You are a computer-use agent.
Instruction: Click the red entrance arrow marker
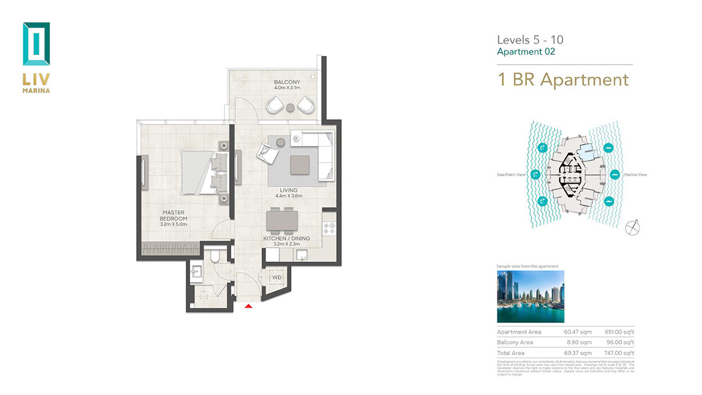click(x=248, y=305)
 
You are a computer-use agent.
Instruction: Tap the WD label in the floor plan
click(x=277, y=277)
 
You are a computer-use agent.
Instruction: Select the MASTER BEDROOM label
click(x=175, y=215)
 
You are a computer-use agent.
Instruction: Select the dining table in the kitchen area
click(x=283, y=221)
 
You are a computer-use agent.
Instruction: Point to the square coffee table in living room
click(x=301, y=163)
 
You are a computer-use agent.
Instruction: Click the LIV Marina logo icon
click(x=36, y=44)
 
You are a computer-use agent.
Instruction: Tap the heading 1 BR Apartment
click(x=563, y=80)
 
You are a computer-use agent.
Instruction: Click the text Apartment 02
click(x=525, y=51)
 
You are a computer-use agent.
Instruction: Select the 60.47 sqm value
click(x=577, y=332)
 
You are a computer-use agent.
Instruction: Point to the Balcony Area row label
click(x=515, y=342)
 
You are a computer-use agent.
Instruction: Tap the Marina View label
click(x=635, y=174)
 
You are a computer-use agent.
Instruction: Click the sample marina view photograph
click(x=530, y=296)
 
